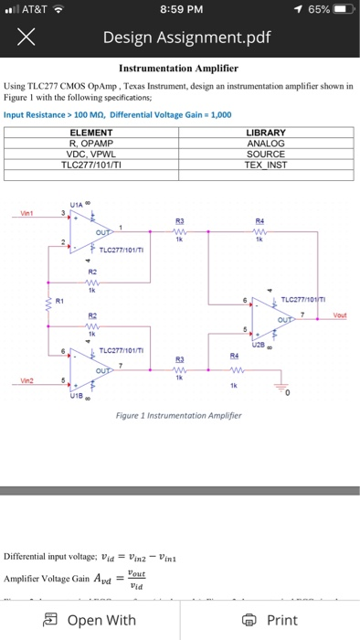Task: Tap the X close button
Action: pyautogui.click(x=25, y=38)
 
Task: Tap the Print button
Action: pyautogui.click(x=270, y=620)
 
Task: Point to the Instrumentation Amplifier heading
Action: pyautogui.click(x=180, y=69)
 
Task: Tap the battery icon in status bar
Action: pyautogui.click(x=338, y=10)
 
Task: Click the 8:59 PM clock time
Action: pyautogui.click(x=179, y=10)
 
